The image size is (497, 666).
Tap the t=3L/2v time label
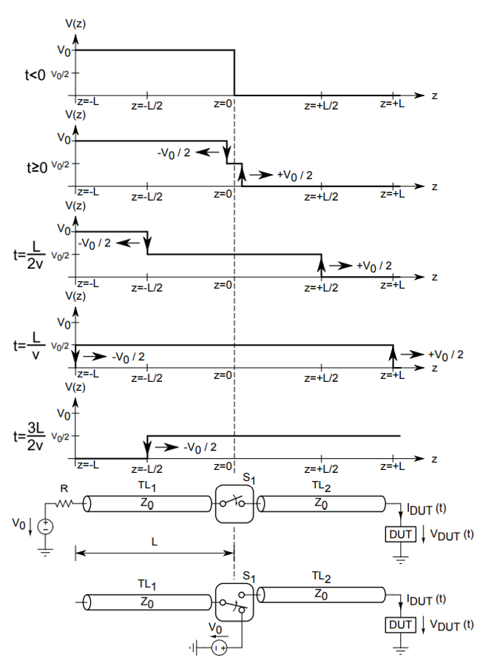click(x=35, y=437)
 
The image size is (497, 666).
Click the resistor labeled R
click(x=65, y=502)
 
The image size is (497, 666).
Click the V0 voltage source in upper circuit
click(x=46, y=527)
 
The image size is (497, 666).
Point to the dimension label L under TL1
click(x=155, y=541)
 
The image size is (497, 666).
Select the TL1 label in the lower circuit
click(x=148, y=584)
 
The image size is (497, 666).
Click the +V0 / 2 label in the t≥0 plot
click(x=294, y=175)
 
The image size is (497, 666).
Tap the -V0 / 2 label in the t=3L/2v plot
click(x=199, y=447)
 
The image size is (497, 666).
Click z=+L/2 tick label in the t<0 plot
click(x=321, y=105)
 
